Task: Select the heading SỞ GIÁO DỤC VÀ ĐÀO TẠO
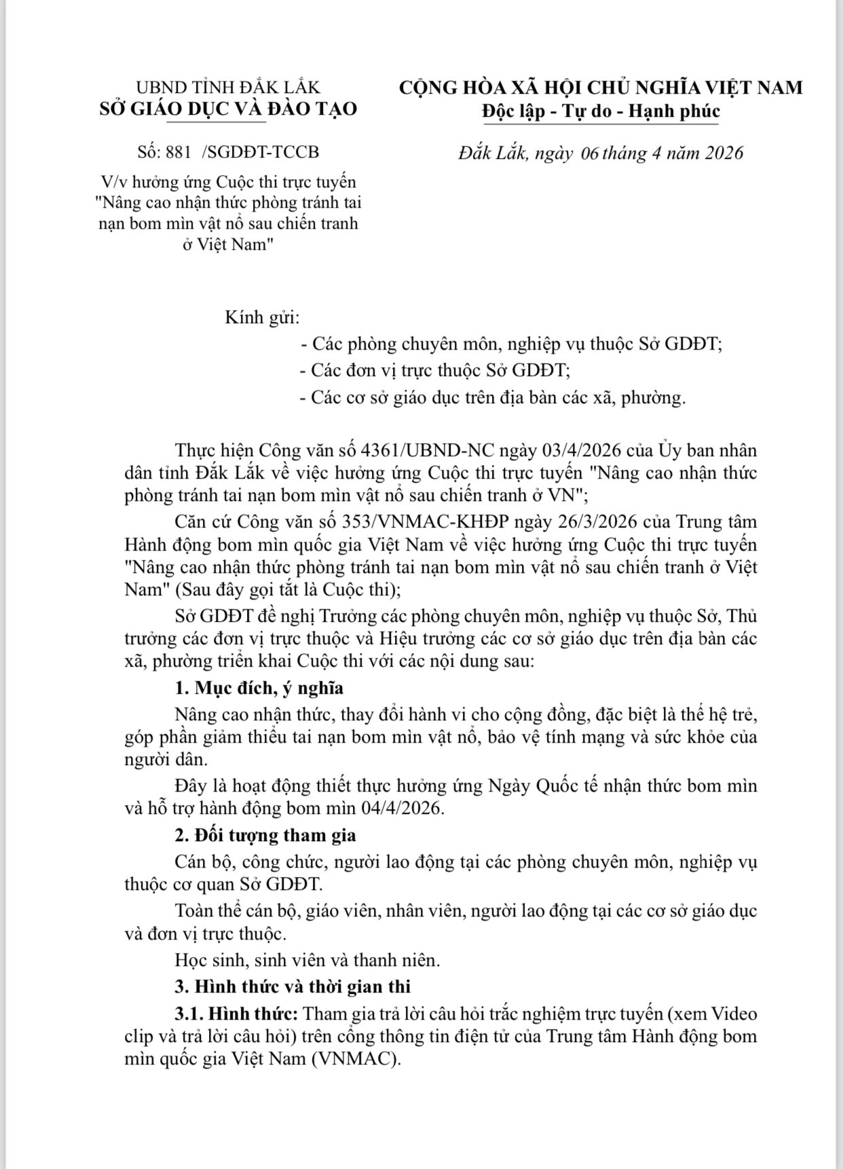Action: (x=228, y=109)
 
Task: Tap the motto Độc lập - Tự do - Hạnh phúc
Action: (x=601, y=111)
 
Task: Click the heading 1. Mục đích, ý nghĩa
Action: (x=259, y=688)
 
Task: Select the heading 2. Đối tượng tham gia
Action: (x=265, y=835)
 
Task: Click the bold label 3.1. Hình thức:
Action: (x=236, y=1014)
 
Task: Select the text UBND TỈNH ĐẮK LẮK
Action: (x=228, y=88)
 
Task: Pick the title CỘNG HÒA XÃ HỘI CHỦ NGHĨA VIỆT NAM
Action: (x=601, y=88)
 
